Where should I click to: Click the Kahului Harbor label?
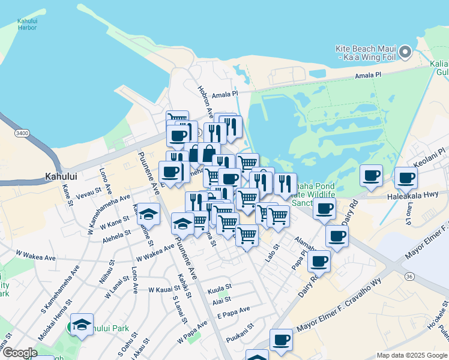(x=27, y=24)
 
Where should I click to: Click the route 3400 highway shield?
(x=22, y=133)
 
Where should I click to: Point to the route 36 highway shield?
(x=409, y=276)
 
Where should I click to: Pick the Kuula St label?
(x=219, y=290)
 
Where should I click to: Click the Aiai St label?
(x=221, y=299)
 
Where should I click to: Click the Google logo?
(x=19, y=353)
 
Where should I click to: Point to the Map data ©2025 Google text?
(x=412, y=355)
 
